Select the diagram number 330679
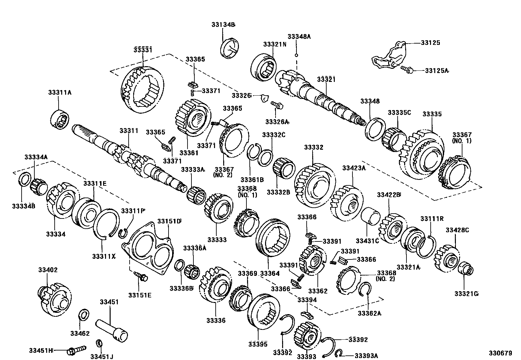[500, 353]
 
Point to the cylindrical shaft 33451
[112, 331]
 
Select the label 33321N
[275, 44]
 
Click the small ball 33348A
[296, 55]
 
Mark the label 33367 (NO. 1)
[462, 138]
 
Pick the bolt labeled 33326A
[277, 105]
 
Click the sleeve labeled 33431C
[370, 218]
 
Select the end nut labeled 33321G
[466, 269]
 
